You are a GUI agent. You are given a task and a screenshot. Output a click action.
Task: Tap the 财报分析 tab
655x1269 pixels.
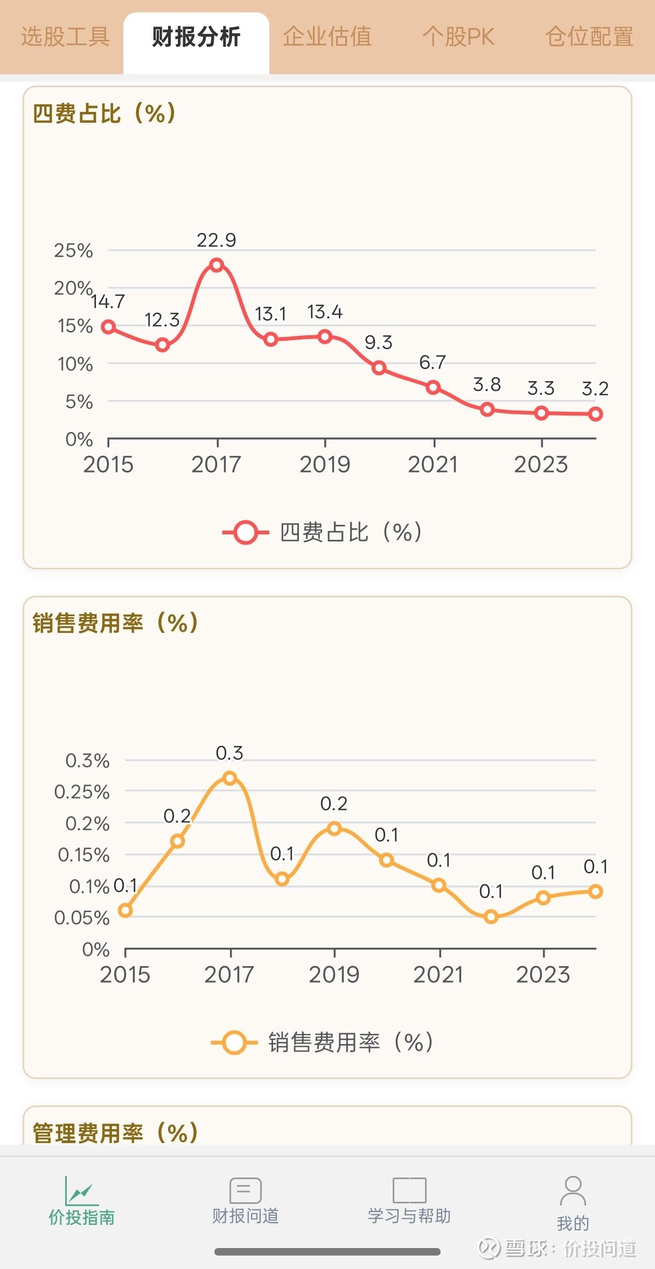(x=196, y=38)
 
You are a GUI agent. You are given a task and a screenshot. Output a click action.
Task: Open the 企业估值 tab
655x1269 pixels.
(x=327, y=38)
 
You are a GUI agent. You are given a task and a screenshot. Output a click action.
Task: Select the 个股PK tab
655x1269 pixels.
(x=458, y=38)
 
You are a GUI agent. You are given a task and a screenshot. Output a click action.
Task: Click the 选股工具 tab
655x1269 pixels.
(x=65, y=38)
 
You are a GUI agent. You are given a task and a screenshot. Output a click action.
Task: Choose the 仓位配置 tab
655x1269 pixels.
(x=589, y=38)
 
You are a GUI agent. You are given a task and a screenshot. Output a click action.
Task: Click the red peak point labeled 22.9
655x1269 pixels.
(x=217, y=265)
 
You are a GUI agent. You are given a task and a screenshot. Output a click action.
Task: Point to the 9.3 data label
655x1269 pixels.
(x=378, y=342)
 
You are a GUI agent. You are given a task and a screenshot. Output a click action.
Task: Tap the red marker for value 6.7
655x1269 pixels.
(x=433, y=387)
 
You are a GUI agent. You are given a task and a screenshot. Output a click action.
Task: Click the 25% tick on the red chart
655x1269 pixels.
(x=73, y=251)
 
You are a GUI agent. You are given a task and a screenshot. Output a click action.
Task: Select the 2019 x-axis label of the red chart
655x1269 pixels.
(x=325, y=464)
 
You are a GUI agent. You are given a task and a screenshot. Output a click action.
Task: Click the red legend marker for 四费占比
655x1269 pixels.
(x=246, y=533)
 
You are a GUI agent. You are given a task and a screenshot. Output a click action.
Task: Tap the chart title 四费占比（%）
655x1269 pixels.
(x=105, y=114)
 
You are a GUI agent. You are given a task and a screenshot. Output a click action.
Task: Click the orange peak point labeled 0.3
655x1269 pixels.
(x=230, y=778)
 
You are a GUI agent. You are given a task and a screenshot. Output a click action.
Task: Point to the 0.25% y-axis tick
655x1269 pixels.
(x=82, y=792)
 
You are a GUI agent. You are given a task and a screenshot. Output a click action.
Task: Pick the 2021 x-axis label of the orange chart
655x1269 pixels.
(x=438, y=975)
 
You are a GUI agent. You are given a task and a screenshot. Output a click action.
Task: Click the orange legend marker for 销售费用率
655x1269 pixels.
(x=234, y=1042)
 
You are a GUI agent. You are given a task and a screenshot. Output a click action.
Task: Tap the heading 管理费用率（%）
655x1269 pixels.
(x=116, y=1132)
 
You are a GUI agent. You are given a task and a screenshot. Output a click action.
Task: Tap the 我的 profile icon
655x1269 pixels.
(x=573, y=1190)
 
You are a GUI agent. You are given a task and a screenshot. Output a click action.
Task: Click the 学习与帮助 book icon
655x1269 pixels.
(x=409, y=1190)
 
